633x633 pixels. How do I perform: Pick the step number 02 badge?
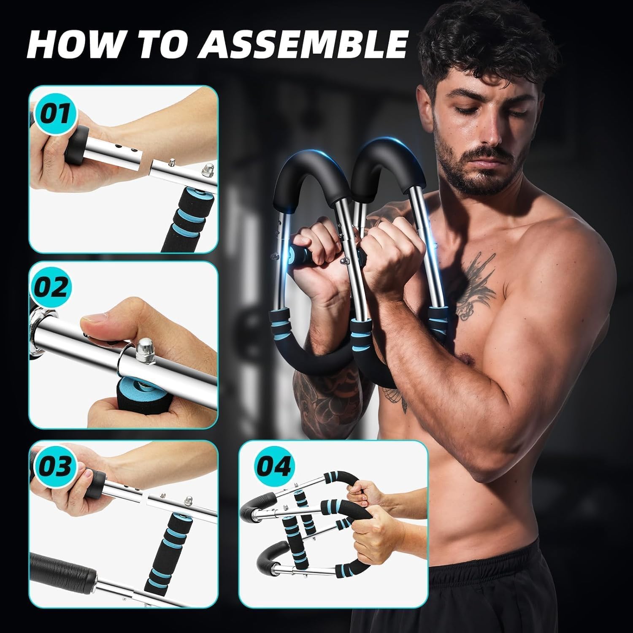click(x=50, y=288)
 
